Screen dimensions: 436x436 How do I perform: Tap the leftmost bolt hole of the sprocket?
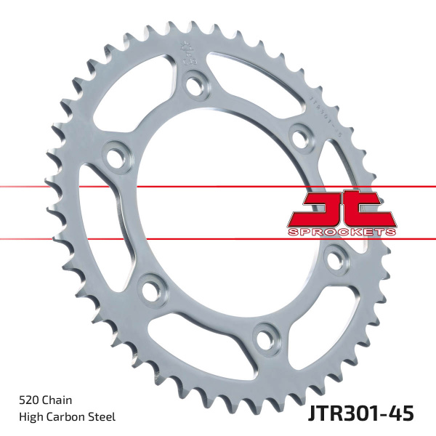[114, 156]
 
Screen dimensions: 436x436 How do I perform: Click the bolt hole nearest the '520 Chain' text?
[150, 289]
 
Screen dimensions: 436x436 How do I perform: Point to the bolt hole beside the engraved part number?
[298, 135]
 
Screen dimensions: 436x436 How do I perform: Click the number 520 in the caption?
[28, 400]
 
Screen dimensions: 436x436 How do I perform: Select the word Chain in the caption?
[58, 400]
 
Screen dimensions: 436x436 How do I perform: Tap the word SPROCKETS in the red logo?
[342, 230]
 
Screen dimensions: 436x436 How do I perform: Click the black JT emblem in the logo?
[341, 209]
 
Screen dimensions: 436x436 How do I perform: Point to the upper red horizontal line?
[182, 187]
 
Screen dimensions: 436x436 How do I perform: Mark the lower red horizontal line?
[182, 238]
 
